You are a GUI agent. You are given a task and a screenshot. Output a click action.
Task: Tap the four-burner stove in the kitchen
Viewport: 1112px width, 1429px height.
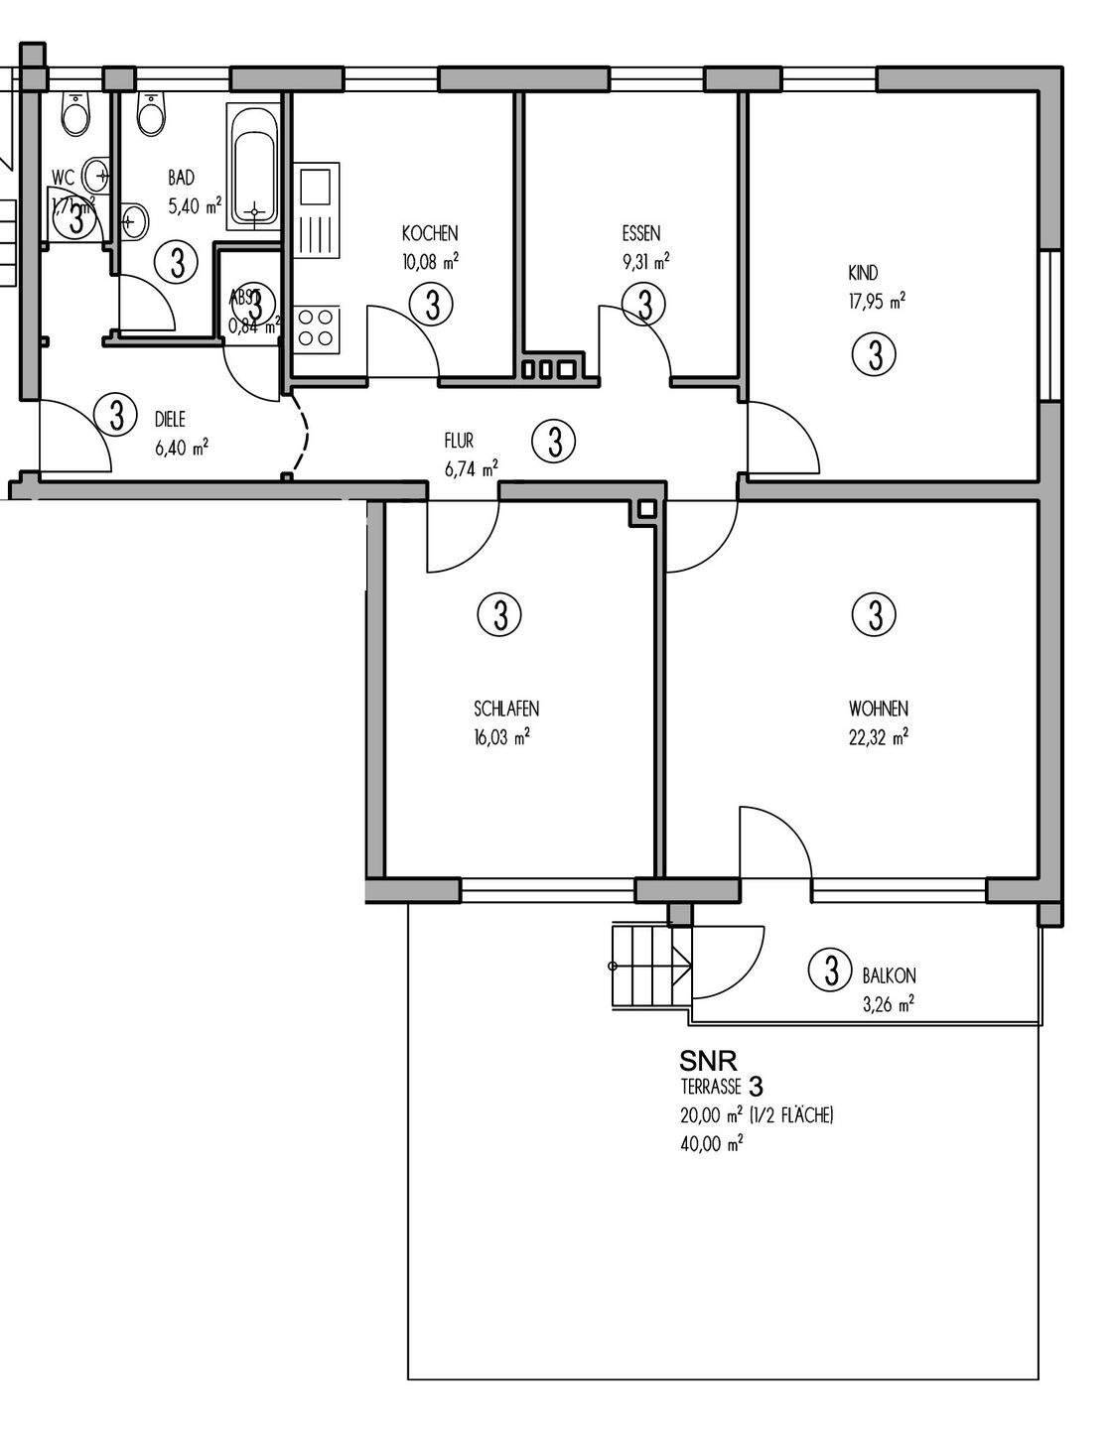tap(317, 328)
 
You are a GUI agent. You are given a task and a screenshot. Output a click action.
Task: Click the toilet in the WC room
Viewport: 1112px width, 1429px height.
tap(75, 115)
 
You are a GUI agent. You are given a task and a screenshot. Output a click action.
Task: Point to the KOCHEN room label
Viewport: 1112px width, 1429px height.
tap(430, 234)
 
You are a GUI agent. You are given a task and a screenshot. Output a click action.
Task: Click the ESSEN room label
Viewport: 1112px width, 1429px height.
tap(640, 234)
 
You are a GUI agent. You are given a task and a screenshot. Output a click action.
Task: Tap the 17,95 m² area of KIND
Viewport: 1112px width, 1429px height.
tap(877, 302)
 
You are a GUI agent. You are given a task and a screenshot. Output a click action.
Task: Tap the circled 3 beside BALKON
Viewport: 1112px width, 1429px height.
tap(830, 970)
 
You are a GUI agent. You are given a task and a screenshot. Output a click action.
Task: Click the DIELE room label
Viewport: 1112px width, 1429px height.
tap(170, 420)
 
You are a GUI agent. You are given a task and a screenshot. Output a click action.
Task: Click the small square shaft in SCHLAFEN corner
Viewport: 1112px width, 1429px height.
tap(647, 509)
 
